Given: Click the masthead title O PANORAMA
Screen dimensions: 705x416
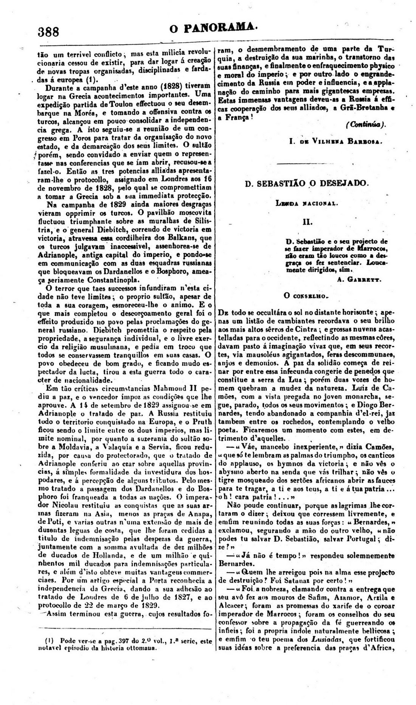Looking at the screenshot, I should click(x=214, y=28).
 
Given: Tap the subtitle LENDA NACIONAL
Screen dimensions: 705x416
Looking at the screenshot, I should click(x=307, y=203).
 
